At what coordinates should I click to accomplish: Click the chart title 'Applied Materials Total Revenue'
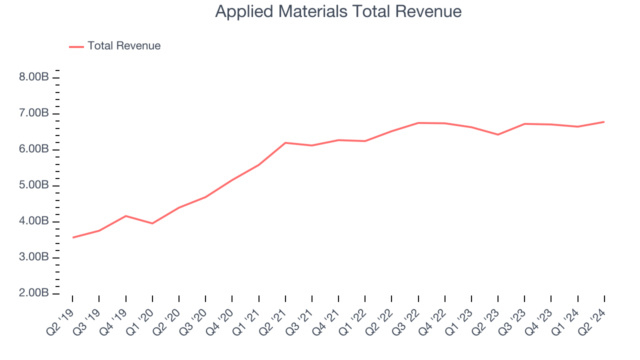pyautogui.click(x=338, y=11)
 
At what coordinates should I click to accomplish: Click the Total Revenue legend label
pyautogui.click(x=124, y=46)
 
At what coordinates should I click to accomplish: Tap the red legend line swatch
pyautogui.click(x=76, y=46)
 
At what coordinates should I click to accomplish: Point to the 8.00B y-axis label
pyautogui.click(x=34, y=77)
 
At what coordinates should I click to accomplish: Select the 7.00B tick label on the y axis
pyautogui.click(x=34, y=113)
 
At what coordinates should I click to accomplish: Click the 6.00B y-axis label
pyautogui.click(x=34, y=149)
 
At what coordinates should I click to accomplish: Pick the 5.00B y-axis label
pyautogui.click(x=34, y=185)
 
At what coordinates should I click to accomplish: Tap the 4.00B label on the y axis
pyautogui.click(x=34, y=221)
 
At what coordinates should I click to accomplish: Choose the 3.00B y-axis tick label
pyautogui.click(x=34, y=257)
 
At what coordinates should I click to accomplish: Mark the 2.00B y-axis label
pyautogui.click(x=34, y=293)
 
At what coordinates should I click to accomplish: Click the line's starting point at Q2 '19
pyautogui.click(x=73, y=237)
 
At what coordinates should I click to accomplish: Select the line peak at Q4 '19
pyautogui.click(x=125, y=216)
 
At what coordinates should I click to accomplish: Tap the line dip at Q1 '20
pyautogui.click(x=152, y=223)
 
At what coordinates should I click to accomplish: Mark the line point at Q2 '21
pyautogui.click(x=285, y=143)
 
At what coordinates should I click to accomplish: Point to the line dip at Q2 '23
pyautogui.click(x=498, y=134)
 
